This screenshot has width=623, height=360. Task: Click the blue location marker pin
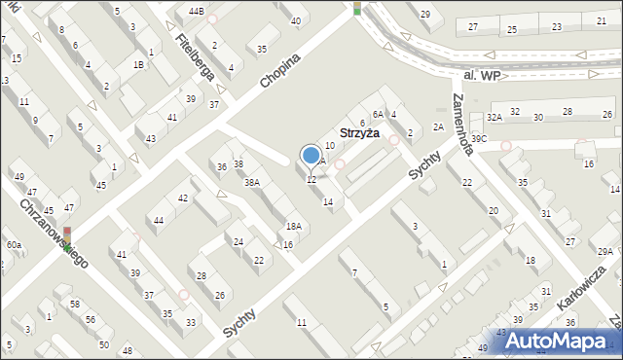[311, 156]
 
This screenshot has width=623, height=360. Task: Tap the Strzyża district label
[359, 133]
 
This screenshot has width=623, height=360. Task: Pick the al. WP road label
[481, 75]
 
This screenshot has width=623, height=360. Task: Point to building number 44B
[197, 11]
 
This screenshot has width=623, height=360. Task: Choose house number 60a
[14, 245]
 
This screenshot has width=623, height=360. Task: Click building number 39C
[478, 139]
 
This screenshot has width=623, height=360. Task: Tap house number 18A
[293, 226]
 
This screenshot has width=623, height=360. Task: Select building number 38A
[252, 183]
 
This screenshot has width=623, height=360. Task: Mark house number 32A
[494, 117]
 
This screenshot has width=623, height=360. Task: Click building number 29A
[605, 252]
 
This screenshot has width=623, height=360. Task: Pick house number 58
[74, 305]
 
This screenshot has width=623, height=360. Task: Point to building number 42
[183, 198]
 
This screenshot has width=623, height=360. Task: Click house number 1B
[139, 64]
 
